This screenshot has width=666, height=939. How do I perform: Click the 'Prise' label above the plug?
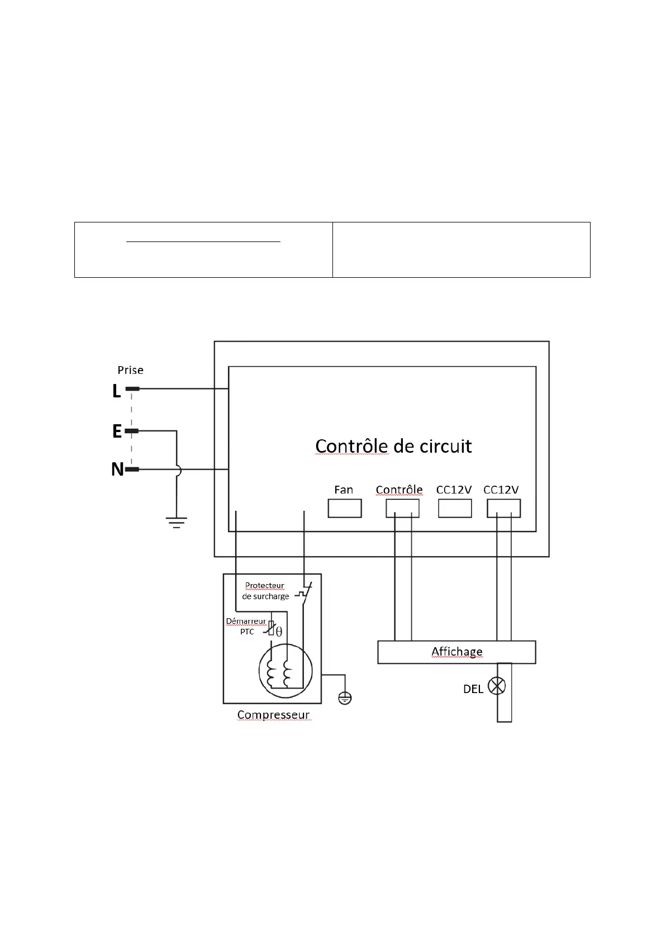[130, 370]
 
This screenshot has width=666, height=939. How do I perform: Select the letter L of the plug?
[116, 391]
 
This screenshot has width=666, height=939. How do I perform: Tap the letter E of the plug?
[117, 431]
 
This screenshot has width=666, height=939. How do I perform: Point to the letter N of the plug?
[117, 470]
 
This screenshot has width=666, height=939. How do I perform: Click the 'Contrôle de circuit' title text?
[393, 446]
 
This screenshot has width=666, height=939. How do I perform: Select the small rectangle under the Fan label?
[344, 508]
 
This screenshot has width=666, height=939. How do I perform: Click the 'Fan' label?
[344, 490]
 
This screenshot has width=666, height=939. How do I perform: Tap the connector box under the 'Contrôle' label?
[402, 508]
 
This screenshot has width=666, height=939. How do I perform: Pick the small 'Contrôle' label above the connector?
[399, 490]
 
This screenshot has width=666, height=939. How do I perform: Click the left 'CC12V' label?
[454, 490]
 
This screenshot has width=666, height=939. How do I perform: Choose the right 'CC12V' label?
[501, 490]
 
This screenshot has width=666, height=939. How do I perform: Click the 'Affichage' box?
[456, 652]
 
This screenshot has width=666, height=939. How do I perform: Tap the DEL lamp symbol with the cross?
[497, 686]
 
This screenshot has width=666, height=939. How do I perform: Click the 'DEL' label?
[473, 689]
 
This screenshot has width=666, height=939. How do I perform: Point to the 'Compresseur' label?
[273, 715]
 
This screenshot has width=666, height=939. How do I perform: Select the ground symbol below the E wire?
[176, 523]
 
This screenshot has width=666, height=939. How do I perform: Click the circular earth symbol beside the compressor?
[345, 698]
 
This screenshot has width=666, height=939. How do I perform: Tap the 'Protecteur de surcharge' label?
[265, 591]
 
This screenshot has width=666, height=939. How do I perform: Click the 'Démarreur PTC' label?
[246, 626]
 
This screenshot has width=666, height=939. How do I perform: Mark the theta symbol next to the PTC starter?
[279, 632]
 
